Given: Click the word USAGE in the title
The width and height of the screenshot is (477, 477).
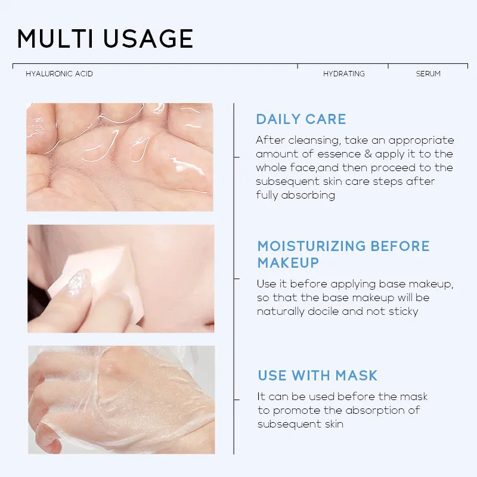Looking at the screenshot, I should click(x=148, y=39).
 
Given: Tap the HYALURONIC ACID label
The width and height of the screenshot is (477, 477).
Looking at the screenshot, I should click(x=59, y=74).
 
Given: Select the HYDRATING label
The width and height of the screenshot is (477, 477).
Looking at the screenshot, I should click(x=343, y=74).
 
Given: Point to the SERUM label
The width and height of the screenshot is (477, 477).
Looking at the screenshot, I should click(x=428, y=74).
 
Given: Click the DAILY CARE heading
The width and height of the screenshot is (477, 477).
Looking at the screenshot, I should click(x=301, y=119).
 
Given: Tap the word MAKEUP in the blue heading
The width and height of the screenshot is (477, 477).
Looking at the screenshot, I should click(x=288, y=263).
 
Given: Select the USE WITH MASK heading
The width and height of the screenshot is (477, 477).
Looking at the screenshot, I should click(x=317, y=376).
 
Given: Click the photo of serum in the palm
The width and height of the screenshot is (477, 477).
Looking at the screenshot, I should click(x=119, y=157).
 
